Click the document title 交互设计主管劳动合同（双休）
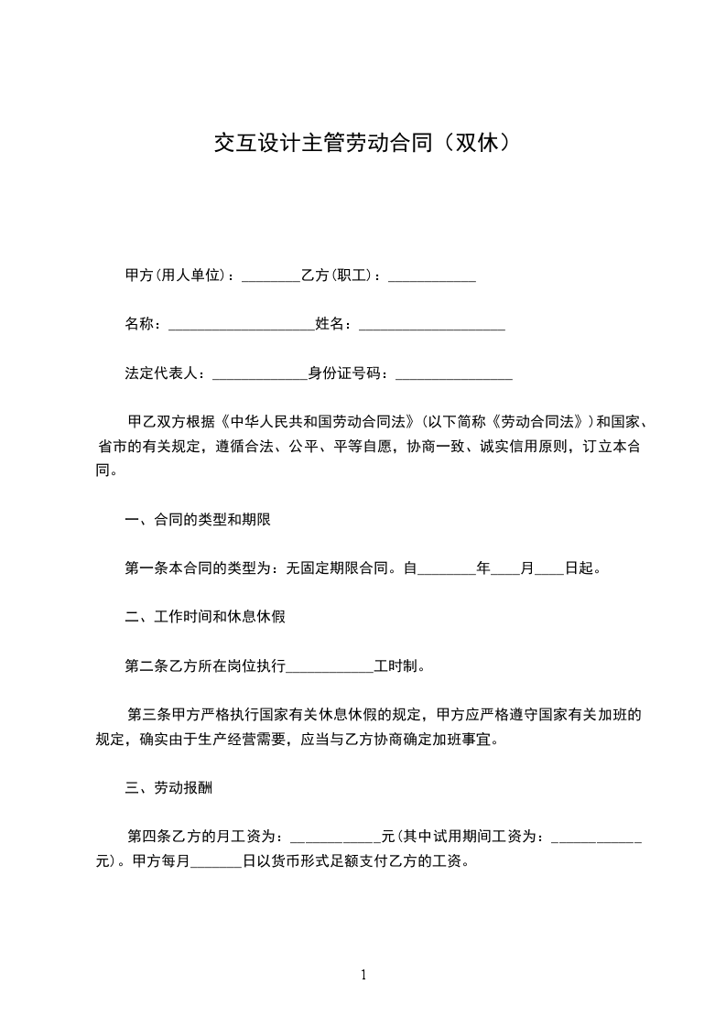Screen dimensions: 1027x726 (x=362, y=143)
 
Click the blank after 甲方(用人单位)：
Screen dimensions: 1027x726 (x=271, y=276)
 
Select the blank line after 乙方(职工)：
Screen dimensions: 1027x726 (x=432, y=276)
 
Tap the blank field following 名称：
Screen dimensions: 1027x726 (x=242, y=324)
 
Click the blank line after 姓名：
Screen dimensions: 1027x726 (x=432, y=324)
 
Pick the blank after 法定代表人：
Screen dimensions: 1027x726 (x=260, y=373)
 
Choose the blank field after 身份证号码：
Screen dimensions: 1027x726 (x=453, y=373)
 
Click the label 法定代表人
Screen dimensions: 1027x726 (x=161, y=373)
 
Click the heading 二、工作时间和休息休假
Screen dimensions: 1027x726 (x=204, y=617)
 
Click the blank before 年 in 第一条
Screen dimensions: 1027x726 (x=447, y=568)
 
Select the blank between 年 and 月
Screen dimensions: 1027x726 (x=505, y=568)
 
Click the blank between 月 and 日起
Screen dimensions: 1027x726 (x=548, y=568)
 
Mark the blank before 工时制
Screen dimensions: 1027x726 (x=330, y=666)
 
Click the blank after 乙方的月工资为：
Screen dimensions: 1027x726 (x=335, y=837)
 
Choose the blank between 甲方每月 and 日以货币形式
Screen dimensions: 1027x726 (x=215, y=861)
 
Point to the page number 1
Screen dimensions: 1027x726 (x=363, y=975)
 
